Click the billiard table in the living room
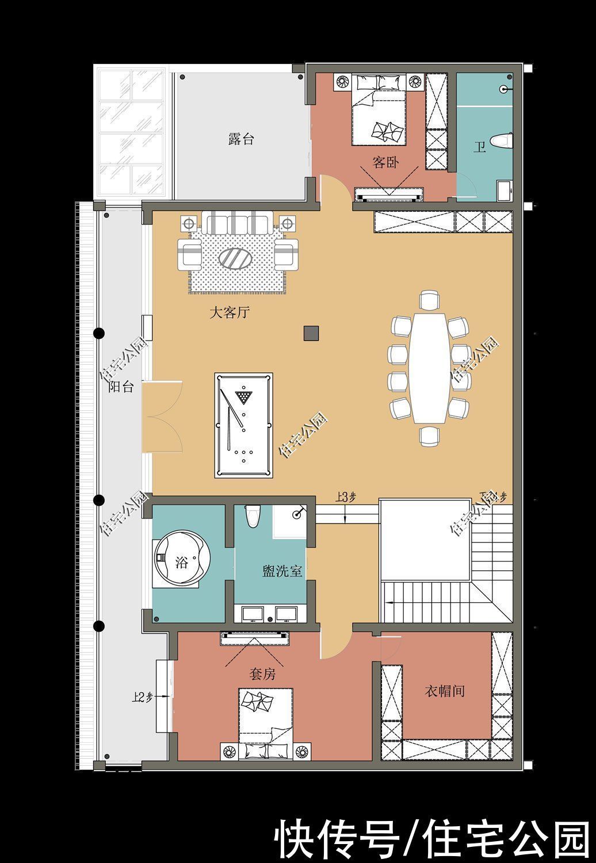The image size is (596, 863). (x=243, y=425)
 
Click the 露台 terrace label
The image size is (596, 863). (x=240, y=139)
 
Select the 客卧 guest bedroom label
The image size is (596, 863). (x=385, y=162)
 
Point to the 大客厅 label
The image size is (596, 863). (x=229, y=313)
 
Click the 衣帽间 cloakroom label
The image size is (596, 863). (x=444, y=690)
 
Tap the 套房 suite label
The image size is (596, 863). (x=262, y=673)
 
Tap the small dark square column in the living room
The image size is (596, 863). (x=311, y=333)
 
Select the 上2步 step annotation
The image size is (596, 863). (x=142, y=697)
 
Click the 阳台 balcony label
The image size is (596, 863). (x=121, y=387)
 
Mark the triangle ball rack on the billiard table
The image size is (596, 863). (x=244, y=396)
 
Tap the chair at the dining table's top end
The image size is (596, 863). (x=429, y=300)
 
